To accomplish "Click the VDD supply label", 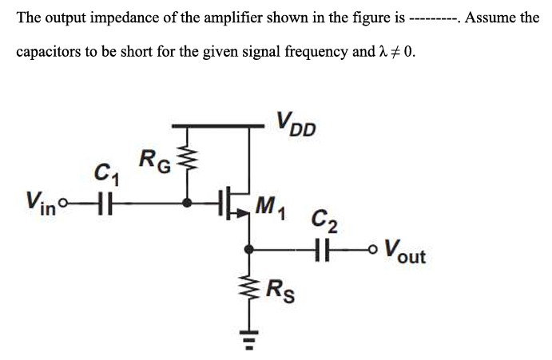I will (296, 125).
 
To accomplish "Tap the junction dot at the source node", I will (249, 249).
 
